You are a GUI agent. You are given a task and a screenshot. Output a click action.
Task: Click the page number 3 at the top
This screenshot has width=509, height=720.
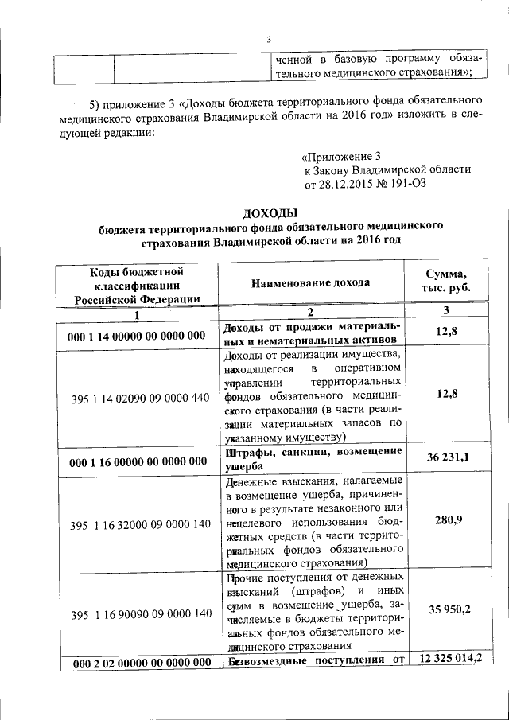(x=269, y=41)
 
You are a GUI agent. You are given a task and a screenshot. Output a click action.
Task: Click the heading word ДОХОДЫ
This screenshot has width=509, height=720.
(x=269, y=213)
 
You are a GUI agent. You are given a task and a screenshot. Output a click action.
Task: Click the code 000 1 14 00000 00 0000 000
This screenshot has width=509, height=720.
(x=138, y=337)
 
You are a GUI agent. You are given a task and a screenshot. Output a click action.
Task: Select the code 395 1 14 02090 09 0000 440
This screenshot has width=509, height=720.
(x=139, y=397)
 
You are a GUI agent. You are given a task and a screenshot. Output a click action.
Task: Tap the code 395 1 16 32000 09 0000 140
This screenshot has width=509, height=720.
(x=139, y=524)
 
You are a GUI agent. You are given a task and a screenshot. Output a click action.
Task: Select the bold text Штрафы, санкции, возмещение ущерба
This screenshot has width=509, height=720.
(x=313, y=460)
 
